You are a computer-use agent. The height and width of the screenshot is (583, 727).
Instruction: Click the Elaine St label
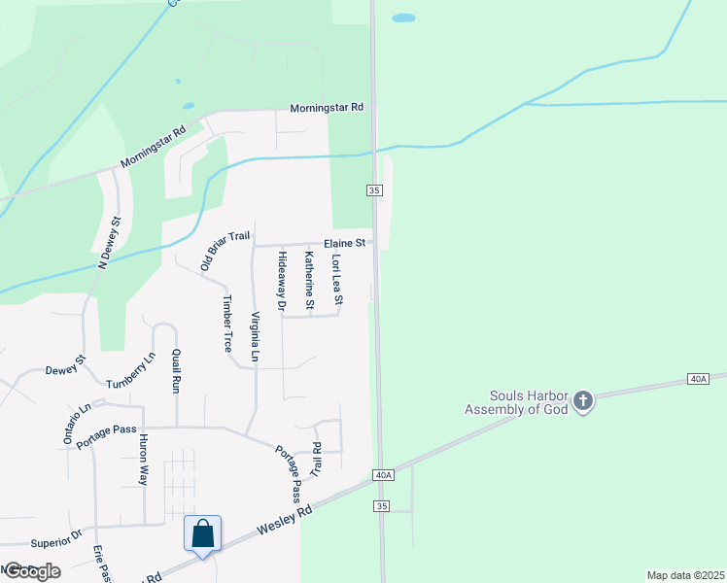click(x=345, y=242)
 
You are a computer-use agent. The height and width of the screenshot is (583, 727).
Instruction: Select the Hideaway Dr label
click(x=282, y=282)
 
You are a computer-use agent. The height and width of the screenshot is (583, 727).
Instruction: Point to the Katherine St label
click(x=309, y=281)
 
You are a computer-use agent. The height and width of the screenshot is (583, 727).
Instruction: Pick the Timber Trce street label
click(x=228, y=323)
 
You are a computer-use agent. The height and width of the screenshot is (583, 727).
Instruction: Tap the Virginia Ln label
click(x=255, y=336)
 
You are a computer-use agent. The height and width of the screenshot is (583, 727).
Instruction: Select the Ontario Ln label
click(x=77, y=424)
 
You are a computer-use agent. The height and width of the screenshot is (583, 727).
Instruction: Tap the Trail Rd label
click(x=315, y=461)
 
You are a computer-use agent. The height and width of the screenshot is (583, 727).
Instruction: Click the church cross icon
click(x=582, y=402)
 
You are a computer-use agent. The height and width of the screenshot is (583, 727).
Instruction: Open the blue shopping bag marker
click(x=202, y=534)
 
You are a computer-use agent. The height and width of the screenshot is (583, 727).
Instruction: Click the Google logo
click(x=31, y=570)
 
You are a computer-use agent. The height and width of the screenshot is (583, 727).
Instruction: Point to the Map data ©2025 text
click(x=684, y=574)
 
